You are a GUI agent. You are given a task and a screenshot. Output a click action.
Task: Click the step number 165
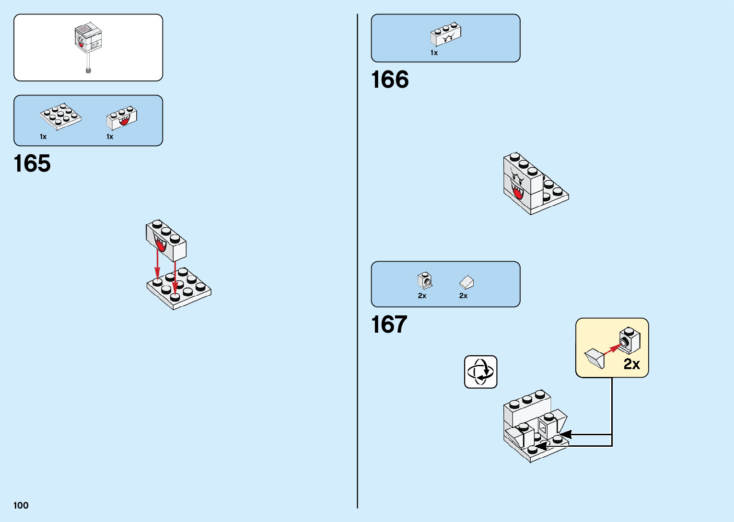click(x=32, y=163)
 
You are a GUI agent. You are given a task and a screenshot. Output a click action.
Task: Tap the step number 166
click(x=390, y=80)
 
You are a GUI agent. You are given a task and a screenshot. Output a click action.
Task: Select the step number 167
click(x=389, y=325)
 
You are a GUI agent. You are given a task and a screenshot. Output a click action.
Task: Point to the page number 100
click(x=21, y=505)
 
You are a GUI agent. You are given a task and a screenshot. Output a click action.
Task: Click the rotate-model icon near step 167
click(x=480, y=371)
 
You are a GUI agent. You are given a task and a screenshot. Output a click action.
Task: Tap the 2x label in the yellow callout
click(x=631, y=364)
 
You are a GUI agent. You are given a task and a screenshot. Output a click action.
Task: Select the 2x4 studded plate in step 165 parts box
click(x=60, y=116)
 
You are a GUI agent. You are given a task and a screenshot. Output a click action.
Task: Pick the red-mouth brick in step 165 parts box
click(x=122, y=118)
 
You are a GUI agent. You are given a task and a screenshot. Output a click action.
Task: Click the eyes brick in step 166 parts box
click(x=446, y=35)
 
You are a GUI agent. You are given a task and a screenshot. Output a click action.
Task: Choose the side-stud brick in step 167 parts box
click(x=425, y=281)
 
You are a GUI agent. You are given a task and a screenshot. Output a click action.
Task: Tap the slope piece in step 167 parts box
click(x=466, y=282)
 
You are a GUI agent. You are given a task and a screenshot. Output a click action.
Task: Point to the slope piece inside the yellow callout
click(x=595, y=358)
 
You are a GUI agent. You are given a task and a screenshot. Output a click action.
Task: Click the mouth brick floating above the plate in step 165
click(x=166, y=240)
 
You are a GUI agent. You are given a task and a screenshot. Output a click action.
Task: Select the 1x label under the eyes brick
click(x=434, y=53)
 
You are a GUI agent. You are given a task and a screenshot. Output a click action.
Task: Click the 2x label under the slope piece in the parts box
click(x=463, y=296)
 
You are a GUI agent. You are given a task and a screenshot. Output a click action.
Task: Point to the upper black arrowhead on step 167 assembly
click(x=566, y=434)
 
